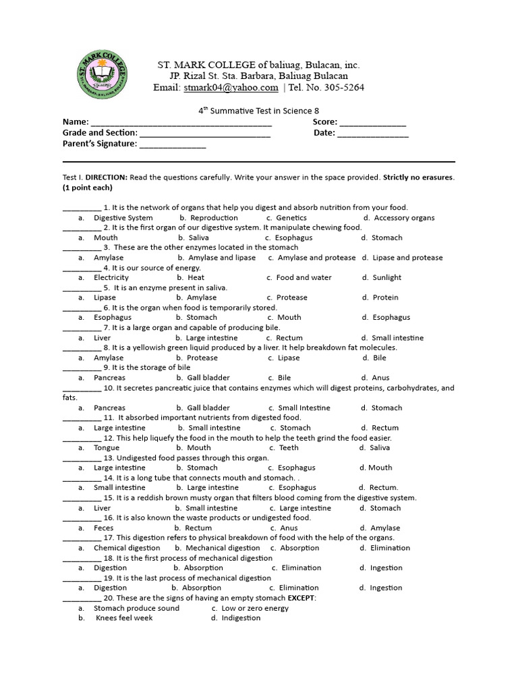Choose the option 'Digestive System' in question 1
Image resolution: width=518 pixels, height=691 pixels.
coord(123,218)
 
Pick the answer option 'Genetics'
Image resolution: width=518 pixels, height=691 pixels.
coord(291,218)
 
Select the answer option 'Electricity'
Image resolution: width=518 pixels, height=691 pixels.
coord(111,277)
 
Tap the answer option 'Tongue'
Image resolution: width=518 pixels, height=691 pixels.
coord(107,447)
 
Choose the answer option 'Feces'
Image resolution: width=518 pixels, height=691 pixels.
coord(104,528)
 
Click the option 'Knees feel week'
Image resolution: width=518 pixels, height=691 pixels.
coord(124,618)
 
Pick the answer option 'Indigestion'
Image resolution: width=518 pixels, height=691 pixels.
coord(241,618)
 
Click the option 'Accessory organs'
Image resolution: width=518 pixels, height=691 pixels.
coord(404,218)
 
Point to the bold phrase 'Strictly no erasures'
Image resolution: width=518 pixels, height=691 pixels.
coord(418,177)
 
